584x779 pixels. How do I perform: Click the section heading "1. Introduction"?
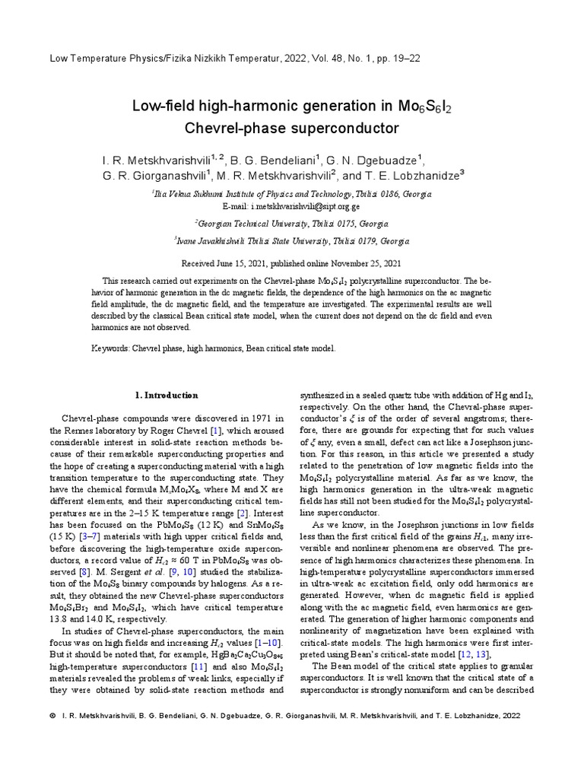pyautogui.click(x=166, y=396)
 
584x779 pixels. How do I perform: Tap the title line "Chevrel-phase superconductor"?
pyautogui.click(x=292, y=127)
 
